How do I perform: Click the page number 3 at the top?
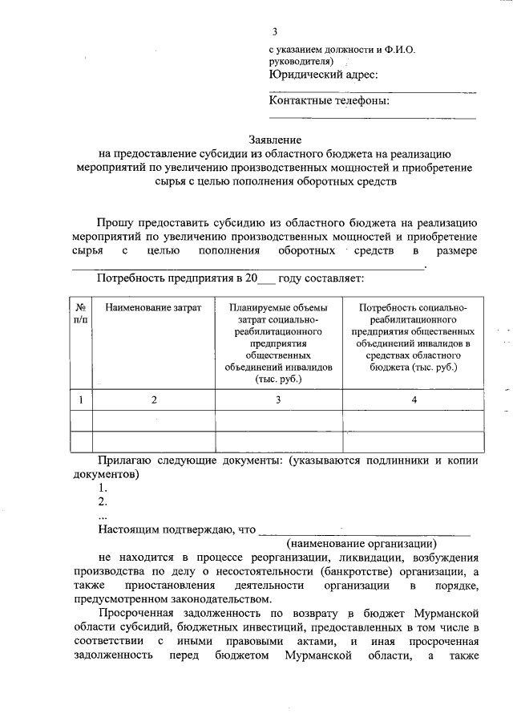pyautogui.click(x=274, y=32)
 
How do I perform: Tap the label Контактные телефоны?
pyautogui.click(x=329, y=101)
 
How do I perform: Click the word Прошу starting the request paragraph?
pyautogui.click(x=117, y=222)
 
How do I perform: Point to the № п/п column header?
pyautogui.click(x=80, y=313)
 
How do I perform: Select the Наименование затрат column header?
pyautogui.click(x=153, y=307)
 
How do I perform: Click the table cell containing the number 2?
pyautogui.click(x=154, y=399)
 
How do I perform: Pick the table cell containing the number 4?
pyautogui.click(x=413, y=399)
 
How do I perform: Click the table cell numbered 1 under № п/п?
pyautogui.click(x=80, y=399)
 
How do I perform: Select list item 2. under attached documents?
pyautogui.click(x=103, y=501)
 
